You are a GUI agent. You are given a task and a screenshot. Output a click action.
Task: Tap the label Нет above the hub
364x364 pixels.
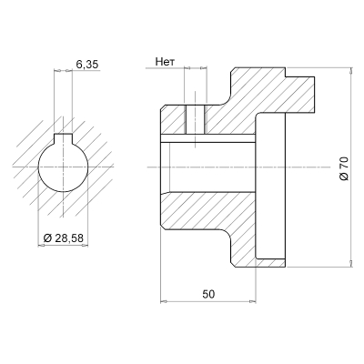(x=165, y=64)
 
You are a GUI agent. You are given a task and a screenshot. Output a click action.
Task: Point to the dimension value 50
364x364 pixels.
(x=208, y=294)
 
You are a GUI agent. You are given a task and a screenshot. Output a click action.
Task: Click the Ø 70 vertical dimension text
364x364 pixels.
(x=344, y=167)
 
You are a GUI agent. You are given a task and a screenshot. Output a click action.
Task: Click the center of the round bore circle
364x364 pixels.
(x=64, y=166)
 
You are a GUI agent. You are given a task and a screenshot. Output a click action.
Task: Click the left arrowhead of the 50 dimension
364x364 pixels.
(x=163, y=301)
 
